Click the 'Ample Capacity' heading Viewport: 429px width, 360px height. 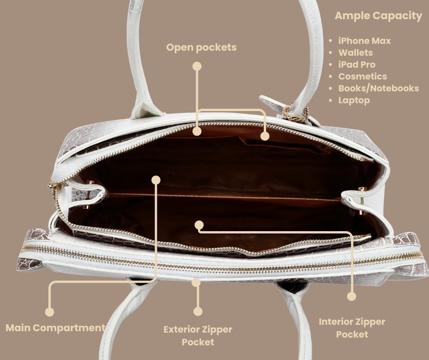click(x=378, y=16)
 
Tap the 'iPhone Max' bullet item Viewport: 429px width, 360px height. click(x=364, y=41)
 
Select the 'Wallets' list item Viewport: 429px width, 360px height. click(x=355, y=53)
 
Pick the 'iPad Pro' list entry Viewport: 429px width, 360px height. click(x=356, y=64)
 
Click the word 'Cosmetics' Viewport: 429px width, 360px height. click(x=362, y=76)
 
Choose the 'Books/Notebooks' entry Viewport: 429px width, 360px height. click(x=378, y=88)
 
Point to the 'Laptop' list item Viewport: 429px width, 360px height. click(x=354, y=100)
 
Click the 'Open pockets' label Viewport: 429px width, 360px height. click(x=201, y=47)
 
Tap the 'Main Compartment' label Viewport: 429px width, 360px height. click(x=55, y=328)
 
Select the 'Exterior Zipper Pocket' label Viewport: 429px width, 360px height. click(x=198, y=335)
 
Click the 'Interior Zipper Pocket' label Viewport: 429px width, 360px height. click(x=351, y=328)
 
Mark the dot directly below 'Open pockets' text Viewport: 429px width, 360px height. click(x=197, y=66)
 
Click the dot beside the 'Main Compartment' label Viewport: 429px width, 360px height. click(x=50, y=312)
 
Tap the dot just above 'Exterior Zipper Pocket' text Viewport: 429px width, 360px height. click(x=198, y=312)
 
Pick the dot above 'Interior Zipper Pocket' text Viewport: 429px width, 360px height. click(x=351, y=296)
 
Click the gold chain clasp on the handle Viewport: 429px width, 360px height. click(x=295, y=114)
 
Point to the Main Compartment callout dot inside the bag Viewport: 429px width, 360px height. click(x=156, y=180)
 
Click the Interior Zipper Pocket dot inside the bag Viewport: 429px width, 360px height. click(x=199, y=224)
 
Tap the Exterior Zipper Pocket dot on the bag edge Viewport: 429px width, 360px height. click(x=196, y=282)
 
